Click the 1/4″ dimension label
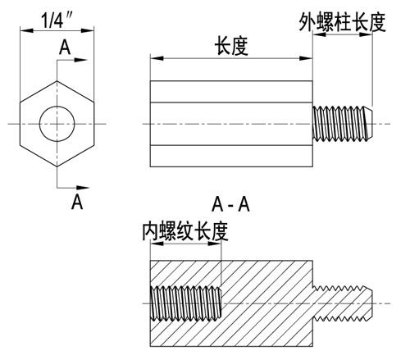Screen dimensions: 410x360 57,20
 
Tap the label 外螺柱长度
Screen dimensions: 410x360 342,22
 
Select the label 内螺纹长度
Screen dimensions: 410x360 185,231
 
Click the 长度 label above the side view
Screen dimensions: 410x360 231,46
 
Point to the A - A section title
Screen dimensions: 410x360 230,204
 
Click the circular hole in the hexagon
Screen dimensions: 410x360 57,124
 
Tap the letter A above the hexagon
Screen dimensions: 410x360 65,48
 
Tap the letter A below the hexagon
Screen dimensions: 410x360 77,202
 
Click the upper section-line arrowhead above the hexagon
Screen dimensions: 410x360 80,60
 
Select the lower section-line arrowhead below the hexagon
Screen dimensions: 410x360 83,188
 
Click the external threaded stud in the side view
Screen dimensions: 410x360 342,124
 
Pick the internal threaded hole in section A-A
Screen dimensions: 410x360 186,303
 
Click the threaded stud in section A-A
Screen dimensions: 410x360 342,303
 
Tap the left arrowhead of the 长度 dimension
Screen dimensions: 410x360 157,58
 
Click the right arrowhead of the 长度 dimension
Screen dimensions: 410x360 306,58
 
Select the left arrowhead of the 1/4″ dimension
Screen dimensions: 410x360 27,30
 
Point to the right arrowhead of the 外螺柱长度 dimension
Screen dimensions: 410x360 366,34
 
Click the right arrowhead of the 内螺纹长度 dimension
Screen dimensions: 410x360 215,244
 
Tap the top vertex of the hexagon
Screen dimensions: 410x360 57,81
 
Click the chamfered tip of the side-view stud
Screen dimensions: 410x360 369,124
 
